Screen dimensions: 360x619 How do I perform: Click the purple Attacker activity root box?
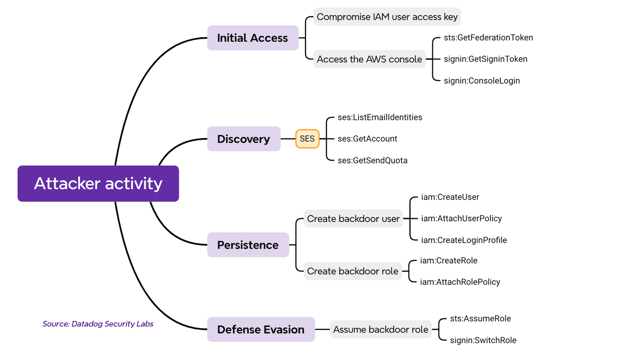coord(98,184)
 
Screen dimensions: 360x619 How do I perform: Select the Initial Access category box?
coord(253,38)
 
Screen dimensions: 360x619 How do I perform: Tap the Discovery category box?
coord(244,139)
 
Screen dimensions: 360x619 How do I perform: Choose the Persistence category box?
coord(248,245)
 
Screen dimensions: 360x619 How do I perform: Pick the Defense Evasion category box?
coord(261,329)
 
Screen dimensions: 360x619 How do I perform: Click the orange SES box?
coord(307,139)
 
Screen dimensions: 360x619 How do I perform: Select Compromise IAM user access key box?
coord(387,17)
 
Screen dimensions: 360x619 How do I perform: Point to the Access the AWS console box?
coord(370,59)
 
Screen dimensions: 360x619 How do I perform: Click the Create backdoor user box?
coord(353,218)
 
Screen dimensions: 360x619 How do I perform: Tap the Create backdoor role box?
coord(353,271)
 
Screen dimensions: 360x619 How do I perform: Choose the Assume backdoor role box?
coord(381,329)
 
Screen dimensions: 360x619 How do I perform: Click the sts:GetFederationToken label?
coord(489,38)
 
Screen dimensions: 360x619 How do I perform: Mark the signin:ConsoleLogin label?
coord(482,80)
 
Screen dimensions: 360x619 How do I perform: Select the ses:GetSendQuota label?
coord(373,161)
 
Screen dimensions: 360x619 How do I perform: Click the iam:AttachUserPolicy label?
coord(462,218)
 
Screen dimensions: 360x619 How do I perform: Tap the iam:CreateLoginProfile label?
coord(464,240)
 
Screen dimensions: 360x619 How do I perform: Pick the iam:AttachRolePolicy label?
coord(460,282)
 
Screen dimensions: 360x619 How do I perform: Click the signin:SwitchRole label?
coord(483,340)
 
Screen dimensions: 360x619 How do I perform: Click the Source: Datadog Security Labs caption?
coord(98,324)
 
